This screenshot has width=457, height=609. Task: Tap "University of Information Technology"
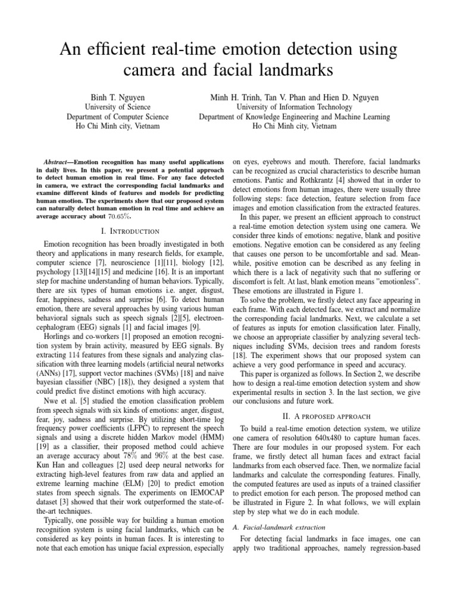tap(295, 106)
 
